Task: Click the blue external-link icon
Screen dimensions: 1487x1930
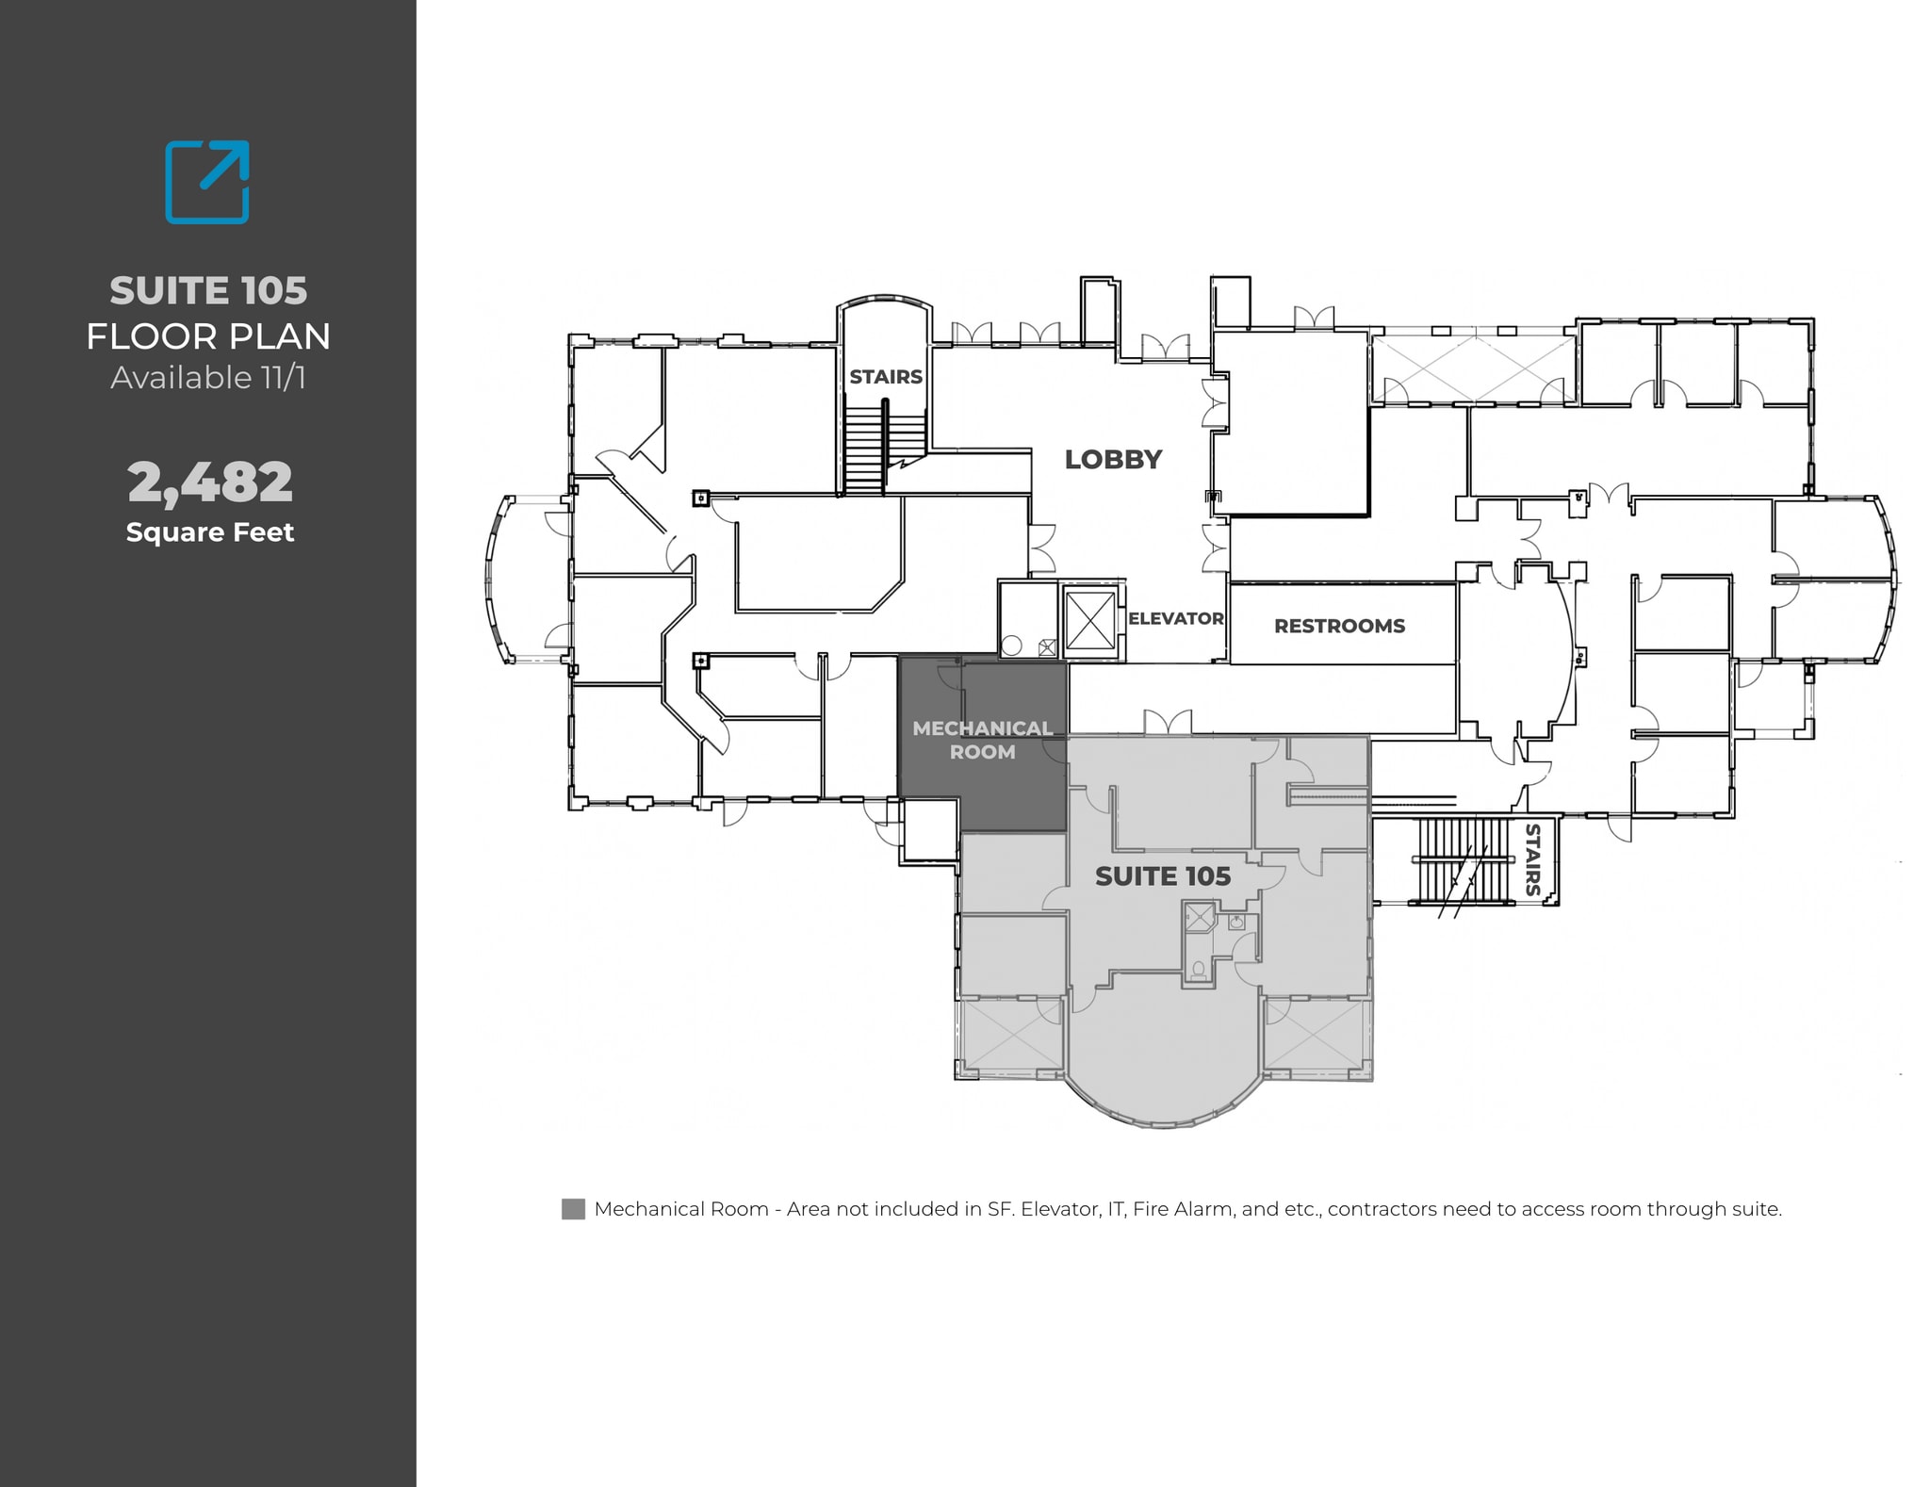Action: pos(207,182)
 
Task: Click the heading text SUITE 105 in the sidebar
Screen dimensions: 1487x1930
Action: pos(208,290)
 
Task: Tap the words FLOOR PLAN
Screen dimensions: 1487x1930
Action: pos(208,336)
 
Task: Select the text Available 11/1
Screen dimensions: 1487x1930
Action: pos(208,378)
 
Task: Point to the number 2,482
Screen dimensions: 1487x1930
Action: pos(210,482)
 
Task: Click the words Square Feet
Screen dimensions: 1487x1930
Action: pos(210,532)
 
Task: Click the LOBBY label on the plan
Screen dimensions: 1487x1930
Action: pos(1113,460)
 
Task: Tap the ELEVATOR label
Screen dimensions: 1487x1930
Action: pos(1175,619)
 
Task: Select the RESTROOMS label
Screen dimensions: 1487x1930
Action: pos(1339,627)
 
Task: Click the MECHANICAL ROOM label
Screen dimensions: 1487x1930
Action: pos(982,741)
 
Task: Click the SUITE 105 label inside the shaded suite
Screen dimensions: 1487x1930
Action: pos(1162,876)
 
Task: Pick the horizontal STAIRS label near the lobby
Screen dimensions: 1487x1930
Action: pos(886,377)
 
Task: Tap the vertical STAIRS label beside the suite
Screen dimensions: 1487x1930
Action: pos(1532,859)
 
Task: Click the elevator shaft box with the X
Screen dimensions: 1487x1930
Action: pos(1090,622)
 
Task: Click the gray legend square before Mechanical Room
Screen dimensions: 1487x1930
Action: pos(573,1209)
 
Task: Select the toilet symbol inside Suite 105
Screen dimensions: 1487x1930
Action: pos(1198,968)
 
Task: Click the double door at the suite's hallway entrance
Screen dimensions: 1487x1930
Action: pos(1168,723)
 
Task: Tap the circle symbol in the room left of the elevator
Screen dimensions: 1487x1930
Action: pos(1012,645)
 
